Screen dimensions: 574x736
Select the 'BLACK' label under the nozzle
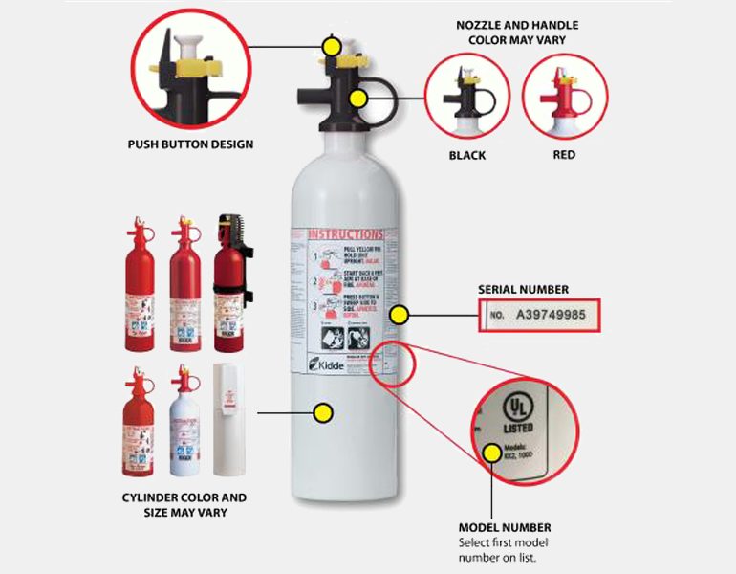(467, 155)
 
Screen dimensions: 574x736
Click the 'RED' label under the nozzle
(564, 155)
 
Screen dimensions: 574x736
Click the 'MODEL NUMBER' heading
(505, 527)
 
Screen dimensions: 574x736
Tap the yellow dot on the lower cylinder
(323, 413)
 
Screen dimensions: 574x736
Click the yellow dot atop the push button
(332, 45)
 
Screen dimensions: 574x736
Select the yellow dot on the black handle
(360, 98)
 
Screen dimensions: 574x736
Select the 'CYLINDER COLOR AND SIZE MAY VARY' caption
(184, 505)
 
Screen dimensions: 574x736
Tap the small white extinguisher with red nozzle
(184, 423)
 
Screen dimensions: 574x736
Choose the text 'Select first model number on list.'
(503, 550)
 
